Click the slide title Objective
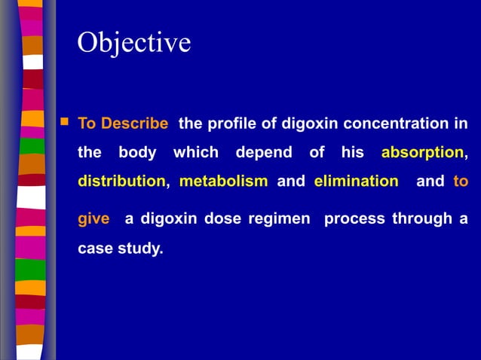[x=134, y=42]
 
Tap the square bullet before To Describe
[x=64, y=121]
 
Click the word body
[x=138, y=153]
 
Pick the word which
[x=196, y=153]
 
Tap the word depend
[x=264, y=153]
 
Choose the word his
[x=352, y=153]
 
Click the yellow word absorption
[x=422, y=153]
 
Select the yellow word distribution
[x=121, y=182]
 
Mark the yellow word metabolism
[x=223, y=182]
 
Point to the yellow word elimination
[x=356, y=182]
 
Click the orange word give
[x=93, y=219]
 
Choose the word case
[x=94, y=247]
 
